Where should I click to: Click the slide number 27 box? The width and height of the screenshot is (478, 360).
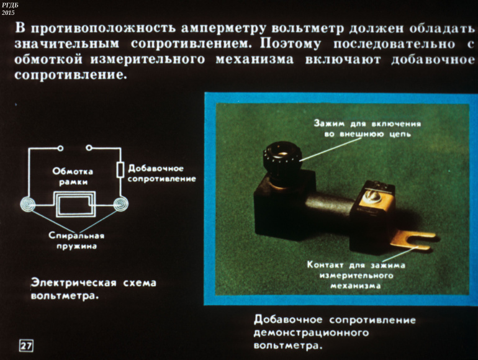[26, 345]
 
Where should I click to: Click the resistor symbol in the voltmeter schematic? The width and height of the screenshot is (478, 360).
[120, 170]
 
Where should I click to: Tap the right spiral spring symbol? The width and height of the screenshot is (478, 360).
[121, 204]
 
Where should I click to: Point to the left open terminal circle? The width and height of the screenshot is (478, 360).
[60, 148]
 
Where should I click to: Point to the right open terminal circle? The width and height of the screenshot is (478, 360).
[88, 148]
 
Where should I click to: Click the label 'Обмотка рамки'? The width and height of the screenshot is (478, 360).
[73, 176]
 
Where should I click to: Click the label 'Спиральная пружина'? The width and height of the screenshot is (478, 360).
[76, 241]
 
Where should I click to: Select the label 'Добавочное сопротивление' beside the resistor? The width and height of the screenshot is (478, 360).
[161, 173]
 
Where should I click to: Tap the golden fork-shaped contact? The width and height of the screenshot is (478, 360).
[413, 240]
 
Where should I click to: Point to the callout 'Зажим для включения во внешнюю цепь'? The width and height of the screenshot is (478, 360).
[368, 128]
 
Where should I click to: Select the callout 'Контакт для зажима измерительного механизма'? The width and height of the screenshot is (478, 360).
[356, 275]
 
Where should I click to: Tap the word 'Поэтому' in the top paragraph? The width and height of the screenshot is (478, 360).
[291, 44]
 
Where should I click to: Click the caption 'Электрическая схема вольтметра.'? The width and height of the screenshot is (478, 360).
[94, 289]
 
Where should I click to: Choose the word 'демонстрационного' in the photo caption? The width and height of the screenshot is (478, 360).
[311, 333]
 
